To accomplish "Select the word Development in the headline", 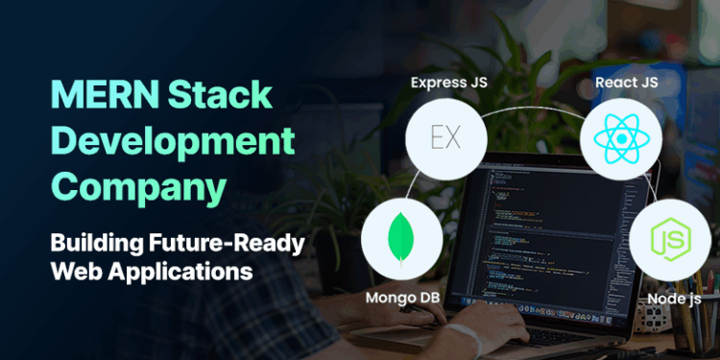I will [x=172, y=142].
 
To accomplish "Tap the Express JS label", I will [x=447, y=82].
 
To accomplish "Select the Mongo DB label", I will [x=402, y=298].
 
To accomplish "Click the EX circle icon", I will [x=445, y=137].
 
